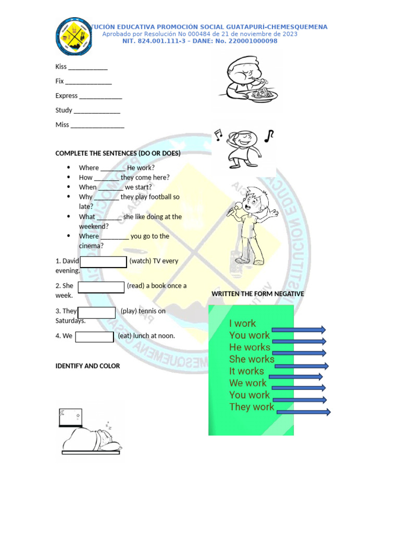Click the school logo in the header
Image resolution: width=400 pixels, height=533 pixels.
click(76, 37)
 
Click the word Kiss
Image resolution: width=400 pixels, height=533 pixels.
click(61, 67)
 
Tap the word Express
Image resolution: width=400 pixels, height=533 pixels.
click(67, 96)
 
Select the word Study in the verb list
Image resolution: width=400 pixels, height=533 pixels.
click(64, 110)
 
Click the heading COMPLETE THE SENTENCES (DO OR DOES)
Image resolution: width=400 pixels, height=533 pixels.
click(118, 154)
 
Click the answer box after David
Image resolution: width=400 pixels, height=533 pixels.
click(104, 262)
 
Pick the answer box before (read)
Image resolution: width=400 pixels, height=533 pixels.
click(101, 287)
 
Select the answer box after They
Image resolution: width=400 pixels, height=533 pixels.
click(96, 312)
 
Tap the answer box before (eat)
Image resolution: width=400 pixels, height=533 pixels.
click(94, 337)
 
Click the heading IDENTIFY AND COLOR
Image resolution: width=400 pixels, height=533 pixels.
click(87, 366)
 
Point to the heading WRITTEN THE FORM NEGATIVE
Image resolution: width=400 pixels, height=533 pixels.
click(258, 294)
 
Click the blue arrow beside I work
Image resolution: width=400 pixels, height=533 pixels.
click(299, 329)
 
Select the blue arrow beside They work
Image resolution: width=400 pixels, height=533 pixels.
click(304, 412)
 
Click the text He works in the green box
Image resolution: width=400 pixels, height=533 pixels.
click(249, 347)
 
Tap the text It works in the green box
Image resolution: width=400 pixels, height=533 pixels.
click(246, 371)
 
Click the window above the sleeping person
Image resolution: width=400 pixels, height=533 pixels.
click(70, 417)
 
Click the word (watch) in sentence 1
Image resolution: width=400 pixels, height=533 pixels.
click(140, 261)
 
